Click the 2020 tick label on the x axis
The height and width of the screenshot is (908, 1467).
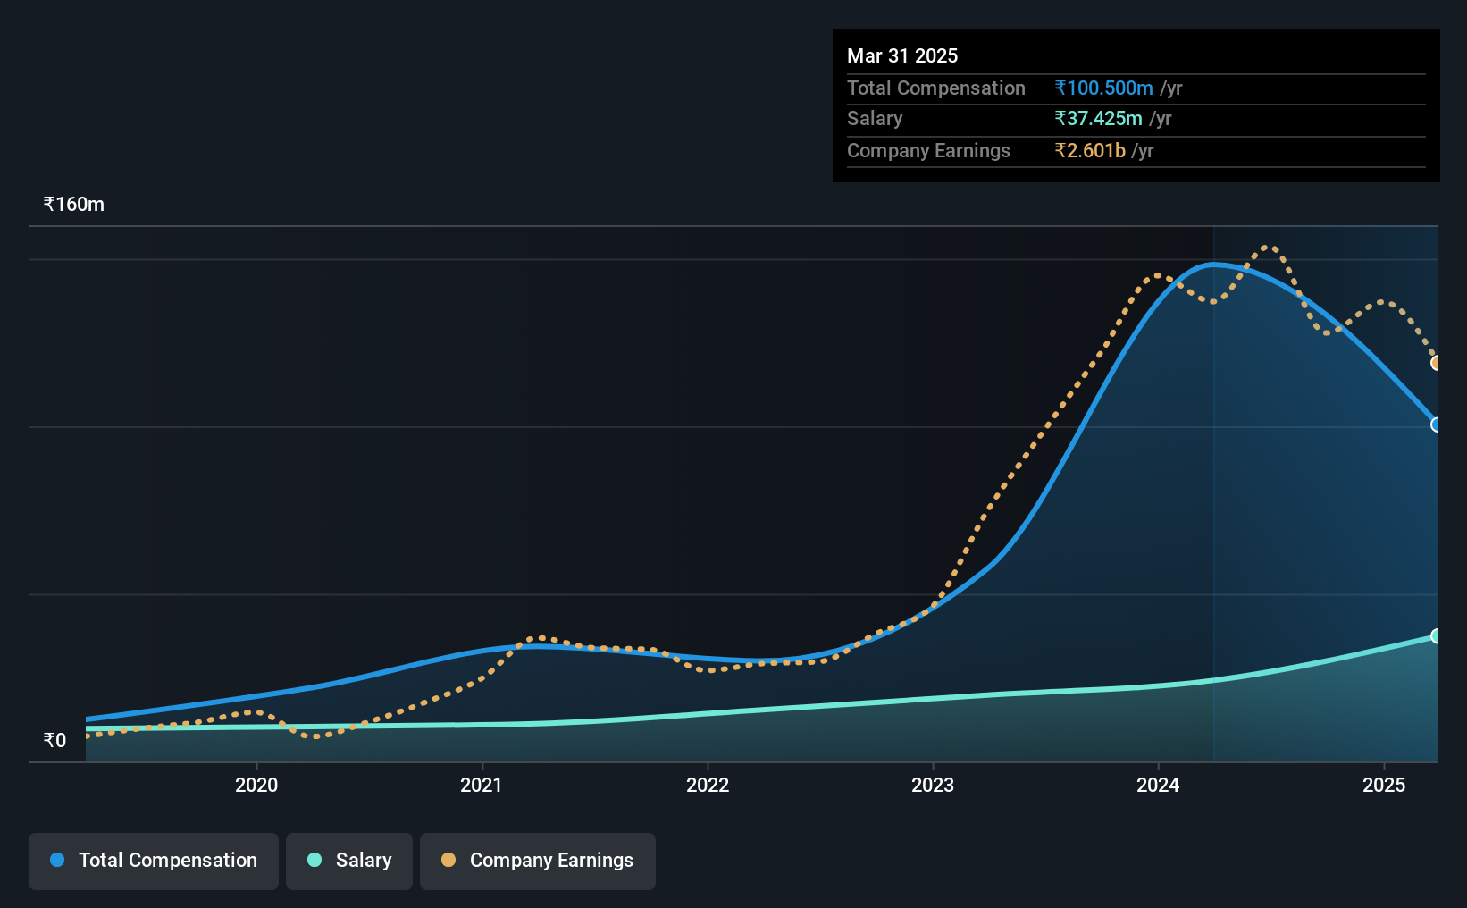(x=256, y=785)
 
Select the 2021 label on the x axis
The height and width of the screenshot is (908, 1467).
(x=482, y=785)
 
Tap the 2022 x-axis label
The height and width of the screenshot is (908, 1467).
(x=708, y=785)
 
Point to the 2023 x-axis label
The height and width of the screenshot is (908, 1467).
(x=933, y=785)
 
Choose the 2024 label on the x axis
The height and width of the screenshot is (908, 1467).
(x=1158, y=785)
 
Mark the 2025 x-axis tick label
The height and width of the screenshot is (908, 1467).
(x=1384, y=785)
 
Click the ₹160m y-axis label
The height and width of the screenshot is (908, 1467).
(x=74, y=205)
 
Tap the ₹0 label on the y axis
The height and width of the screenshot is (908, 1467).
(x=55, y=740)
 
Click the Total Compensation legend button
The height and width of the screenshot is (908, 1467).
(x=154, y=861)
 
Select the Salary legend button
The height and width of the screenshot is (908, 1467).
(x=349, y=861)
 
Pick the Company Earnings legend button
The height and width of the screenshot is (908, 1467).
(x=538, y=861)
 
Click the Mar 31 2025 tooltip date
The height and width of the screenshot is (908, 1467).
(x=901, y=55)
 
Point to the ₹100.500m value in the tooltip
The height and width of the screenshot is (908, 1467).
(x=1103, y=88)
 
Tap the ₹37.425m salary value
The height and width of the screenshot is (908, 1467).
(x=1098, y=119)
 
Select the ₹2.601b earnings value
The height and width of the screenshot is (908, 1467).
(x=1090, y=151)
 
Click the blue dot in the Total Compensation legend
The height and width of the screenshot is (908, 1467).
(x=57, y=860)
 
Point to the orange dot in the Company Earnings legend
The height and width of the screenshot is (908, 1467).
(x=448, y=860)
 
